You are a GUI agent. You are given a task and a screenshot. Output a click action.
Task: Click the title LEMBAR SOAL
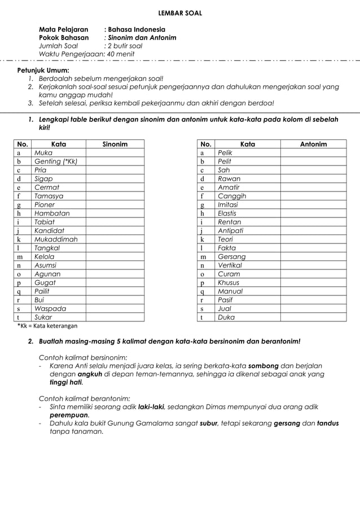click(179, 13)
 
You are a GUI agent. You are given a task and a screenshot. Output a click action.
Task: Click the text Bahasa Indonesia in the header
click(137, 29)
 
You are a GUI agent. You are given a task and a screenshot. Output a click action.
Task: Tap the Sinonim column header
click(115, 144)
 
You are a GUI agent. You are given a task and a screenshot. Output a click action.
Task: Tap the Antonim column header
click(313, 144)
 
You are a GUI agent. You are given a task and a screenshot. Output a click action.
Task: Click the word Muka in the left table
click(43, 153)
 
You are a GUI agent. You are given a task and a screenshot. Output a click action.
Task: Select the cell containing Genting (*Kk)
click(56, 162)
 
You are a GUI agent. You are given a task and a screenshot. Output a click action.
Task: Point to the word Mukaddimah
click(56, 239)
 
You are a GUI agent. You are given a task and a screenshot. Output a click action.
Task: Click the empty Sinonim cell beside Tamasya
click(115, 196)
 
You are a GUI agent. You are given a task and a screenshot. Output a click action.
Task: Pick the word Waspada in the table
click(50, 309)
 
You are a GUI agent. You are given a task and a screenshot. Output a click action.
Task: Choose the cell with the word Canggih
click(232, 196)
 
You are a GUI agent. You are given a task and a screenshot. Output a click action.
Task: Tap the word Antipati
click(231, 230)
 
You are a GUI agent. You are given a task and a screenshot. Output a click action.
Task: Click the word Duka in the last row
click(226, 317)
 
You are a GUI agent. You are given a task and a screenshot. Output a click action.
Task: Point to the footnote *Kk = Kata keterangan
click(47, 326)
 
